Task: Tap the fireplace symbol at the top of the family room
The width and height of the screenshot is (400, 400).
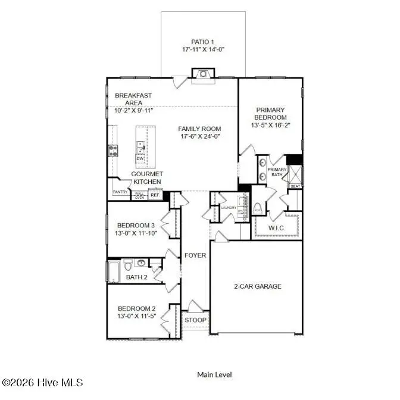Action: [x=203, y=74]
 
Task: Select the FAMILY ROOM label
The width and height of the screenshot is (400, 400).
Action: [x=199, y=129]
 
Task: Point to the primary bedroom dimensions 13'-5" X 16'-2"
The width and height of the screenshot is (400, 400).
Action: [x=271, y=126]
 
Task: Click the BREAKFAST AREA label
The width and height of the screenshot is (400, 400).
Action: [x=133, y=99]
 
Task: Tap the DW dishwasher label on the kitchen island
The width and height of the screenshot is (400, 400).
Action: [x=140, y=158]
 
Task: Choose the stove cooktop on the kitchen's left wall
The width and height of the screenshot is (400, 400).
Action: [x=112, y=151]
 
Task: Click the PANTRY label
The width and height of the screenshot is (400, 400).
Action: [x=121, y=193]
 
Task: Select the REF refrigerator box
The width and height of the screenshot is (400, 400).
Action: [x=155, y=195]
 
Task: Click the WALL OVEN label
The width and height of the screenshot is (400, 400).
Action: [x=139, y=195]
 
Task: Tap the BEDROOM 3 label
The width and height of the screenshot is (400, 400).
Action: [x=136, y=225]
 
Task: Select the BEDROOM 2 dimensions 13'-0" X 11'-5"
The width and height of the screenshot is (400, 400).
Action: [x=136, y=316]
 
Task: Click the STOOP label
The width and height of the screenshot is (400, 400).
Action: [x=195, y=320]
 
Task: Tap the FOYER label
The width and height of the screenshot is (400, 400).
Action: [x=195, y=255]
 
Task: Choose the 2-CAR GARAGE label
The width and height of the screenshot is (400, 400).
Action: [x=257, y=286]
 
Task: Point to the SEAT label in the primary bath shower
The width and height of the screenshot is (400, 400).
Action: [x=294, y=186]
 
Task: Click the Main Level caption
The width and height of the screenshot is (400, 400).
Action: [x=214, y=374]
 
